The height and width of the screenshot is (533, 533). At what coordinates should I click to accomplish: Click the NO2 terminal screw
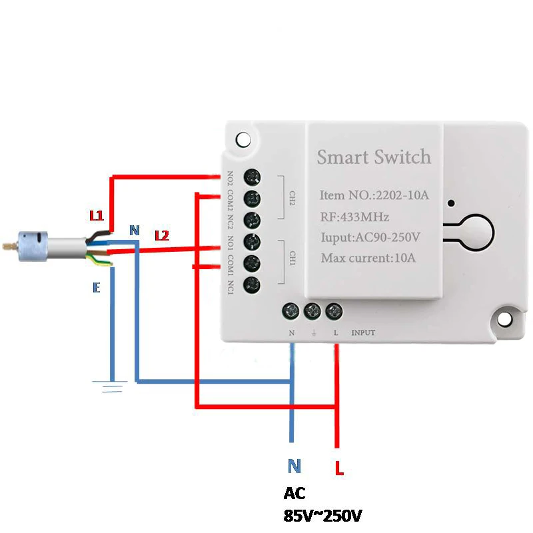252,177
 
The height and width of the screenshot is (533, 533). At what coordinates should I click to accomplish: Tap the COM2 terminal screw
252,198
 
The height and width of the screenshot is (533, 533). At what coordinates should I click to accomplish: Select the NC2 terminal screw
252,219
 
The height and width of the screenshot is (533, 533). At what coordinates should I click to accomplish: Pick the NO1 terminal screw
252,241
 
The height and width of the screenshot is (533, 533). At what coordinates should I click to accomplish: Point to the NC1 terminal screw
252,284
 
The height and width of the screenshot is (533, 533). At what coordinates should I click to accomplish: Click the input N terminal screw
291,310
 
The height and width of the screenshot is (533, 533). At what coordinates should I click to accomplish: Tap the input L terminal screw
334,310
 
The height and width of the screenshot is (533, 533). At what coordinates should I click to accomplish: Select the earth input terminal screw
312,310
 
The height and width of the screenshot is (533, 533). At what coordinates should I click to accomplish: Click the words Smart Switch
374,158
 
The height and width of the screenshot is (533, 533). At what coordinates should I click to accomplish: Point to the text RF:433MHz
354,217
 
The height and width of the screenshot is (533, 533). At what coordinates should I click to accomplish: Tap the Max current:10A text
367,258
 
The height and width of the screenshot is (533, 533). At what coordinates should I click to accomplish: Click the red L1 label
97,216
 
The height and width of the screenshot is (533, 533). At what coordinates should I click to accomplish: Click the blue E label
97,288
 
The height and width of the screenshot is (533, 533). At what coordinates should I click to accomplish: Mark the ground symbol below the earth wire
111,384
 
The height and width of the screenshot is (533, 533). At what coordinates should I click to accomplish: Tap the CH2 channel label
292,198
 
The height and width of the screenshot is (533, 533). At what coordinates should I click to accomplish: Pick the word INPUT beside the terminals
363,332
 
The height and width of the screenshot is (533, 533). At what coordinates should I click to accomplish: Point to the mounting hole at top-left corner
243,139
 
